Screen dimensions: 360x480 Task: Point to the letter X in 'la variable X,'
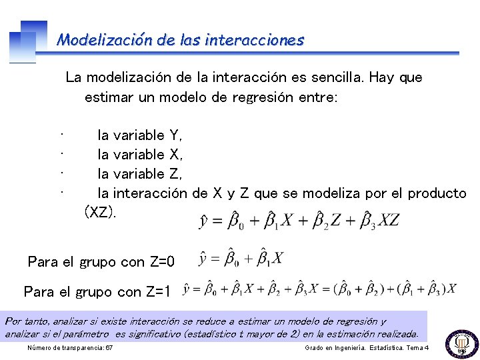(175, 155)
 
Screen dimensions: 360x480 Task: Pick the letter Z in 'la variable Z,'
(175, 174)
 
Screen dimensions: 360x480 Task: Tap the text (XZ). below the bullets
(100, 213)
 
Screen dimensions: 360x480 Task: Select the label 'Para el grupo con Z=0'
(101, 262)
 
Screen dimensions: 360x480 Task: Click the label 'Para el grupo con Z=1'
(97, 291)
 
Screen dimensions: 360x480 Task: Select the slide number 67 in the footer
(109, 349)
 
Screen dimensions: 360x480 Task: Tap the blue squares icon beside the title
(28, 40)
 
